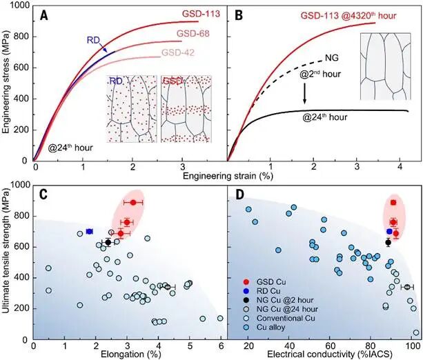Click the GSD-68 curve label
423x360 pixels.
195,33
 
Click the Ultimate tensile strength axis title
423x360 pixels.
8,259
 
